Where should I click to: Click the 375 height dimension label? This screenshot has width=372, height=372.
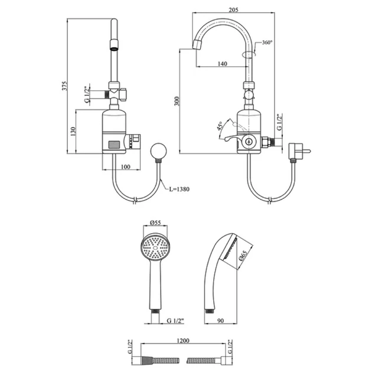coord(64,86)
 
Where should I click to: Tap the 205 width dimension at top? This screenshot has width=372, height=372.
coord(233,10)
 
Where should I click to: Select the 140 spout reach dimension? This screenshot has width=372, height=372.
coord(222,64)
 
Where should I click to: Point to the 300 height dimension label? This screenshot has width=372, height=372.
coord(177,102)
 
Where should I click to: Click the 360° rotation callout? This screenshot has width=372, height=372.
coord(267,43)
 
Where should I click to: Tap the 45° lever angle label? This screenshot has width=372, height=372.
coord(220,126)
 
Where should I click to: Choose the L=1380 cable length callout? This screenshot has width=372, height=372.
coord(179,189)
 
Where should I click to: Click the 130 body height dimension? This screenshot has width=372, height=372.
coord(73,132)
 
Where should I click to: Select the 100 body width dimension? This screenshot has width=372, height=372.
coord(126,167)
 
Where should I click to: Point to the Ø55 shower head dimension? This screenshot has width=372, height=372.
coord(155,223)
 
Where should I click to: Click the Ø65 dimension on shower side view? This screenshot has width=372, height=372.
coord(243,256)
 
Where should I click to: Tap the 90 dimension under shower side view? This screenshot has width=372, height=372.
coord(221,321)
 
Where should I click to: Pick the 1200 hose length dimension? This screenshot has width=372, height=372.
coord(183,341)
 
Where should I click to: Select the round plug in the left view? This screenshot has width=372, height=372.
coord(158,151)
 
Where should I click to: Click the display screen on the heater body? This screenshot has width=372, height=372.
coord(114,145)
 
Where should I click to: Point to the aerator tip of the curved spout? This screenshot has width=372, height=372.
coord(197,45)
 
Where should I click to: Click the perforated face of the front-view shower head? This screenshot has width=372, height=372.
coord(155,247)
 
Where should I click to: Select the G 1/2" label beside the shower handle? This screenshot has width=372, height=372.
coord(175,321)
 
